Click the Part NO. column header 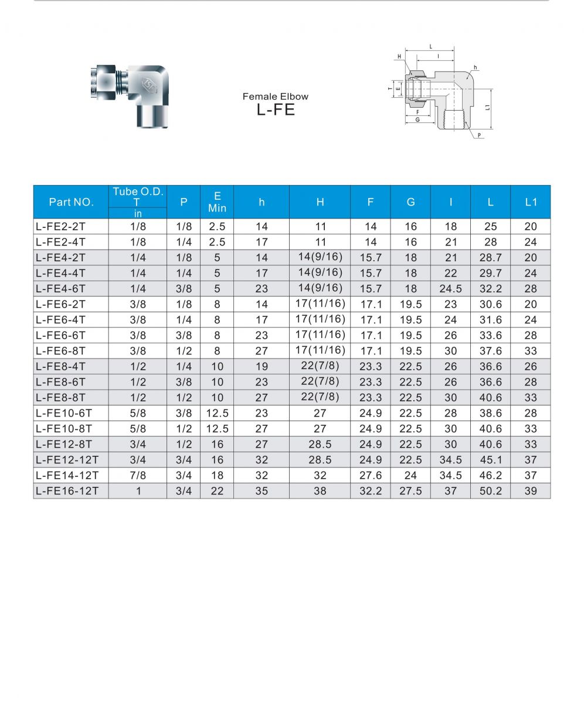tap(71, 202)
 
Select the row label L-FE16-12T tap(67, 491)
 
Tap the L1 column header tap(531, 202)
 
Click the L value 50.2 tap(490, 491)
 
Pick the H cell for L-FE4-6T tap(320, 288)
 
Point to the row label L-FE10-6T tap(64, 413)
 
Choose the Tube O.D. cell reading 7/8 tap(138, 475)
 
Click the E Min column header tap(217, 202)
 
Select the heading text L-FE tap(276, 110)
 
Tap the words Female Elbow tap(276, 97)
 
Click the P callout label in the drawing tap(479, 135)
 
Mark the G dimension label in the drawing tap(417, 120)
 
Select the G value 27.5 tap(410, 491)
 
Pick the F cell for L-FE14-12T tap(371, 475)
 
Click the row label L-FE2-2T tap(61, 227)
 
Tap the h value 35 tap(262, 491)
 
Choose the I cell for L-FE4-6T tap(450, 288)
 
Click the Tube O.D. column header tap(138, 197)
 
